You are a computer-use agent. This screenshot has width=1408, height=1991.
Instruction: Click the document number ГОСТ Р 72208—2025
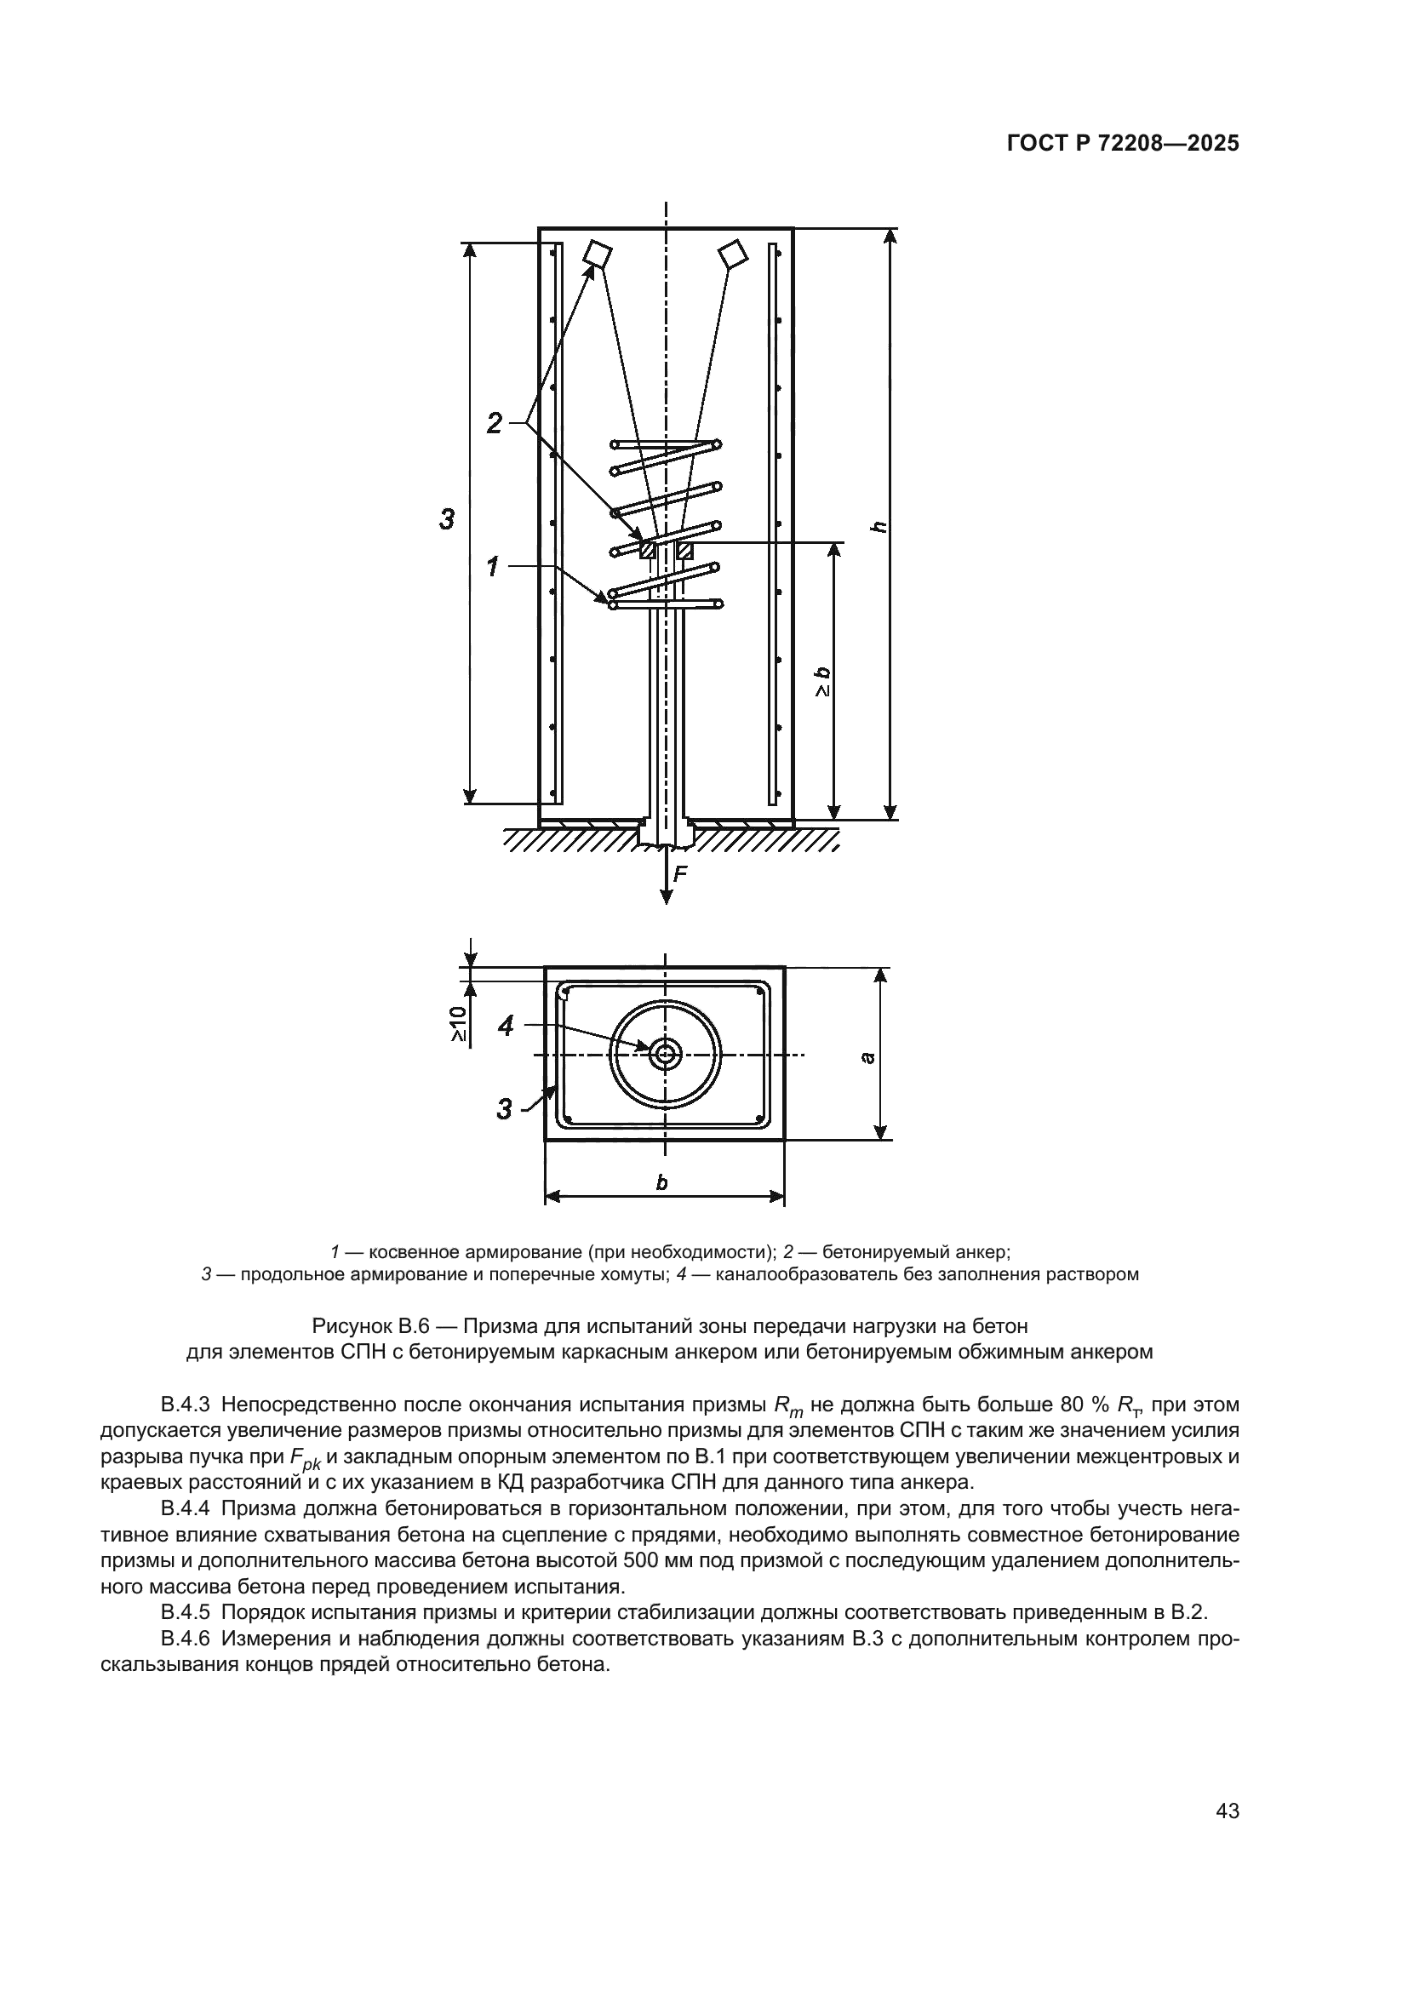point(1123,144)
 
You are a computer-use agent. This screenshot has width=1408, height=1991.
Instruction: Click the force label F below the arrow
point(681,876)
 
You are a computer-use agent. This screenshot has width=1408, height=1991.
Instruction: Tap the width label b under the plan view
point(661,1182)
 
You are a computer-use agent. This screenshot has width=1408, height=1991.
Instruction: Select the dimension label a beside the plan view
point(867,1057)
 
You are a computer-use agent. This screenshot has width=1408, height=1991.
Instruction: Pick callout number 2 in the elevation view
point(495,423)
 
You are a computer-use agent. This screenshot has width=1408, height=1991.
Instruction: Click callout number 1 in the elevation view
point(492,567)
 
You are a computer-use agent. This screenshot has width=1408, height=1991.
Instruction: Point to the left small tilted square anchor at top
point(597,253)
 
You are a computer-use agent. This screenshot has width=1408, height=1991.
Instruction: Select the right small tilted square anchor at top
point(734,253)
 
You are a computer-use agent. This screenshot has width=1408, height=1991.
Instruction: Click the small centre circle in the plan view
point(666,1055)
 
